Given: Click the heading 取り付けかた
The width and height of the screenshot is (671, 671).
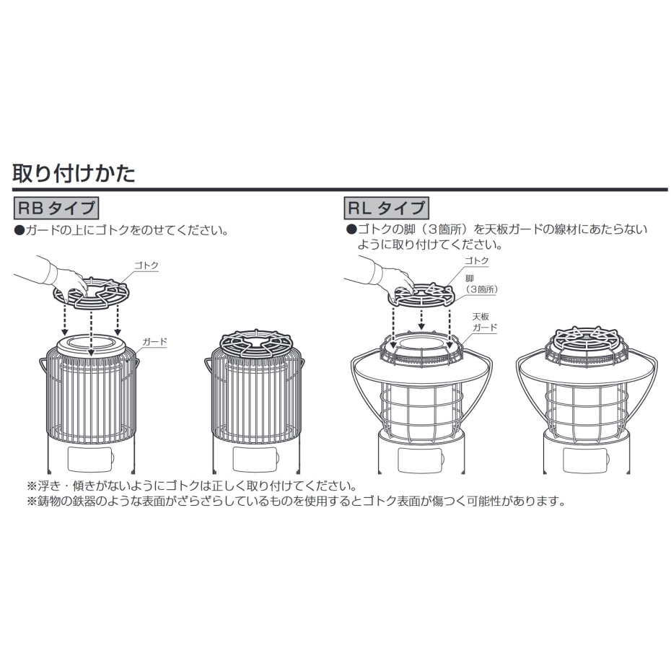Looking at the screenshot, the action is coord(74,173).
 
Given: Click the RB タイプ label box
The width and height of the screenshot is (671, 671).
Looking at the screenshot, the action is coord(56,208).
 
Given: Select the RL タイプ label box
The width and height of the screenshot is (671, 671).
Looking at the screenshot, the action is coord(387,208).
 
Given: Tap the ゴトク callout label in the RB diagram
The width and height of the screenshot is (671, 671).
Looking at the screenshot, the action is coord(146,266).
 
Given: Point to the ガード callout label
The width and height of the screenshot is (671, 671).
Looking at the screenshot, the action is coord(154,341).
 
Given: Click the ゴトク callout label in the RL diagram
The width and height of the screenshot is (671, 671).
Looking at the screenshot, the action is coord(476,260).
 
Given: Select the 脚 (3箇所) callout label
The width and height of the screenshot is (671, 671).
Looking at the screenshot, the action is coord(481,284).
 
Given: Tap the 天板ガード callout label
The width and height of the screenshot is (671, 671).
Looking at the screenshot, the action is coord(485,323).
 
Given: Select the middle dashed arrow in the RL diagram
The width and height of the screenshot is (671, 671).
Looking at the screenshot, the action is coord(422,319).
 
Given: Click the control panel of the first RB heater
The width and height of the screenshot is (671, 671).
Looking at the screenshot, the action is coord(91,459).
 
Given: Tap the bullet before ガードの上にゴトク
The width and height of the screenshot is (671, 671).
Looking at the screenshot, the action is coord(19,231).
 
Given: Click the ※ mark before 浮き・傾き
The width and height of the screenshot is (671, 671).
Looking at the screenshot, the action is coord(32,486).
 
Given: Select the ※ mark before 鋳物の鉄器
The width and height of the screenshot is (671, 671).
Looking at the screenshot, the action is coord(32,501).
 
